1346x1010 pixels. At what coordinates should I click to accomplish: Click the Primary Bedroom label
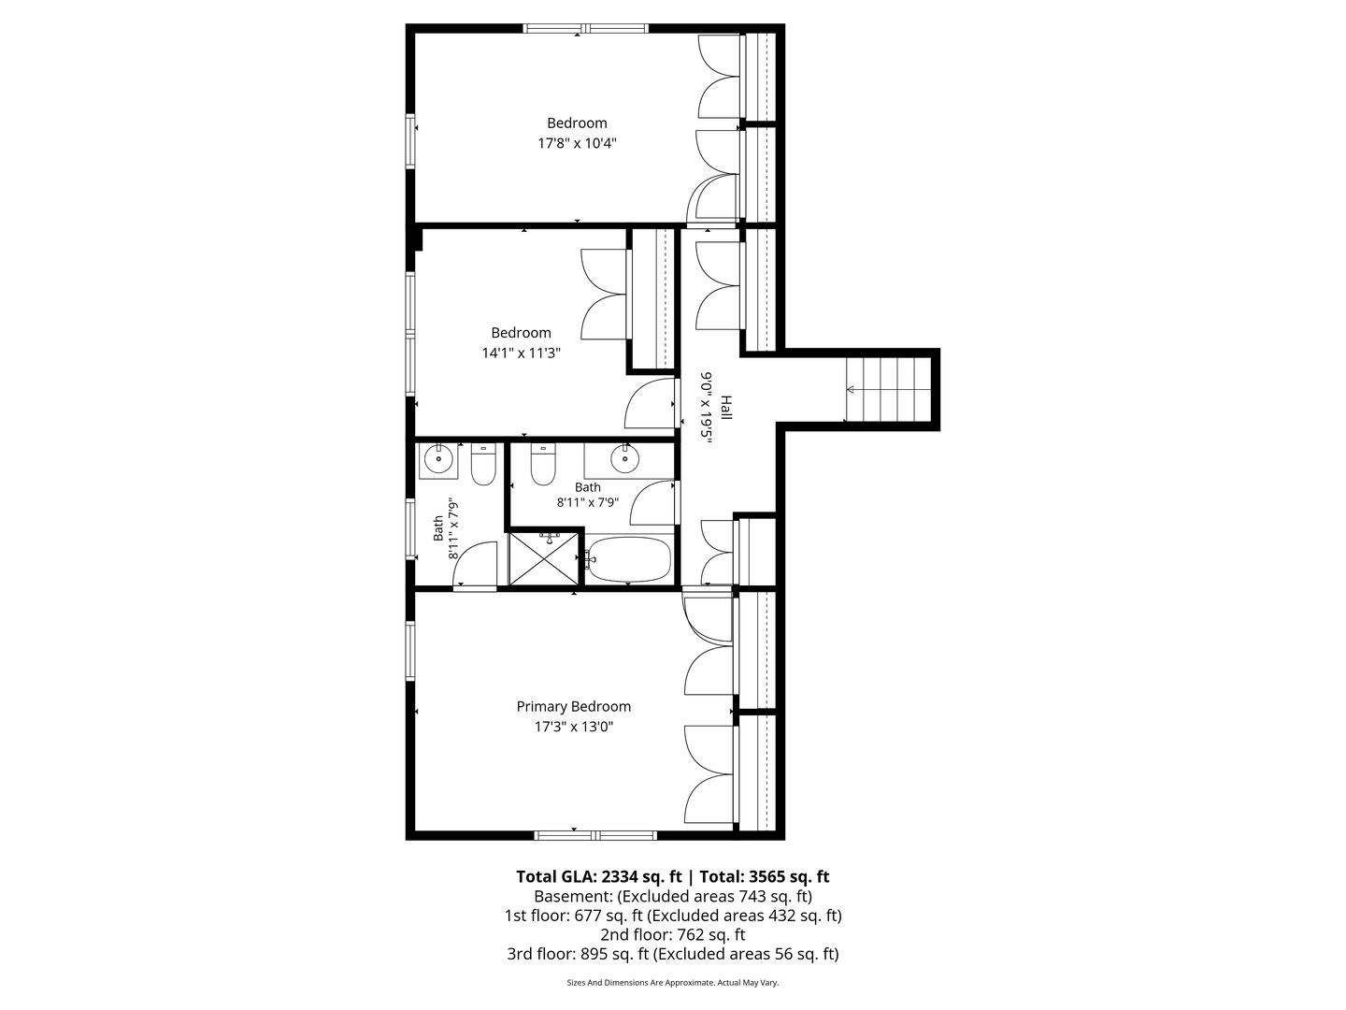point(573,706)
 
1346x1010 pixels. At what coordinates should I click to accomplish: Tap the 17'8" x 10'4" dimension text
point(577,143)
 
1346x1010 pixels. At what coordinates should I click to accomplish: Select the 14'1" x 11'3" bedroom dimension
point(522,353)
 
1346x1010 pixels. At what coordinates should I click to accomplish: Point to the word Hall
point(726,408)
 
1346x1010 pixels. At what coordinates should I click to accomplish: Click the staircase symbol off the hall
point(889,389)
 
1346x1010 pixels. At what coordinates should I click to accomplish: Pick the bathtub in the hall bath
point(628,559)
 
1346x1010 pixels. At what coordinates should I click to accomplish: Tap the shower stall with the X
point(544,558)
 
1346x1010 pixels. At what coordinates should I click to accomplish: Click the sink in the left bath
point(439,459)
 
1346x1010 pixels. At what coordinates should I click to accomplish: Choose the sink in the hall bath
point(625,458)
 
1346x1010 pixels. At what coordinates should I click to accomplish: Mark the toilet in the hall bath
point(543,464)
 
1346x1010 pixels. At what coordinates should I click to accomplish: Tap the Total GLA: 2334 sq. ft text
point(598,877)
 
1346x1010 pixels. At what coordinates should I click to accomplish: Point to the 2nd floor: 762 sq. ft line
point(673,935)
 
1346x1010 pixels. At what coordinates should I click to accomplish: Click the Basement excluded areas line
point(673,897)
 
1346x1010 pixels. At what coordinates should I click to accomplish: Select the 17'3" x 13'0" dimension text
point(574,728)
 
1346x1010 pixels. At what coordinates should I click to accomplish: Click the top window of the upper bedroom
point(586,28)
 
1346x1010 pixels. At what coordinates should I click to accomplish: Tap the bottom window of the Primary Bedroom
point(595,835)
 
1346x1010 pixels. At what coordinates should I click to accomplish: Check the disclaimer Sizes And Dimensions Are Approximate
point(673,982)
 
